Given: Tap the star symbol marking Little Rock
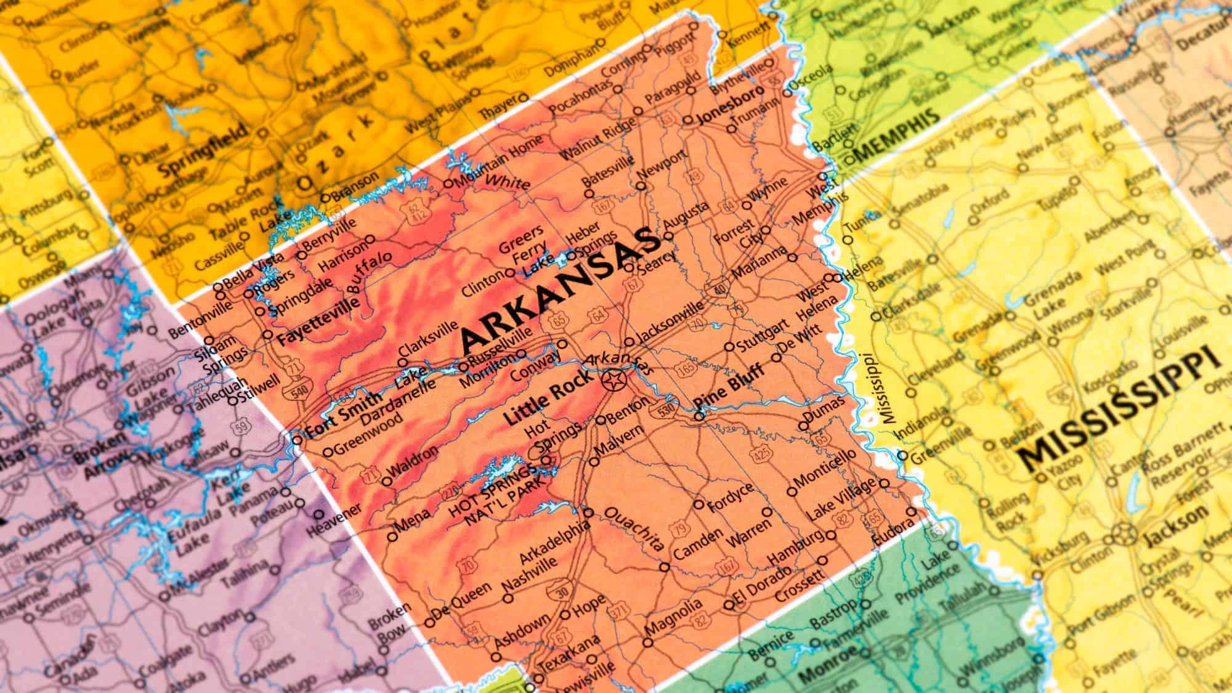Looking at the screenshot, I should (614, 381).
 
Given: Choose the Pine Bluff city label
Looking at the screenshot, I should (729, 388).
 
